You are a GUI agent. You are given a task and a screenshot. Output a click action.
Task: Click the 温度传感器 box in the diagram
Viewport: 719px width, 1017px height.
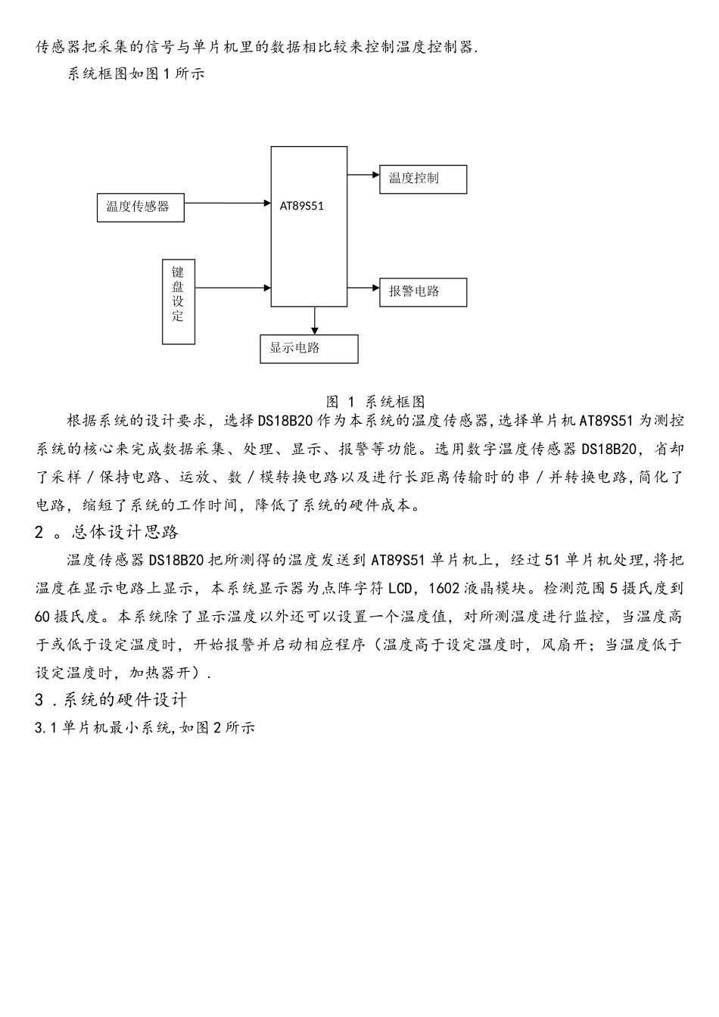click(x=140, y=207)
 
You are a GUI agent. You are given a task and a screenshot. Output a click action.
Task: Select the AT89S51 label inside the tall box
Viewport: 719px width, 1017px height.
click(x=301, y=206)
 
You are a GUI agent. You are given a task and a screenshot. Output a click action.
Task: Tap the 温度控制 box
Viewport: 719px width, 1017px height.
click(x=423, y=179)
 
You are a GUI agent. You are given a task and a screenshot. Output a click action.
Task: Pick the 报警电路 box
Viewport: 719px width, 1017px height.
click(x=423, y=292)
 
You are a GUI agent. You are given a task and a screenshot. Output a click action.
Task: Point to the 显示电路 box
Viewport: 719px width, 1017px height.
click(x=309, y=349)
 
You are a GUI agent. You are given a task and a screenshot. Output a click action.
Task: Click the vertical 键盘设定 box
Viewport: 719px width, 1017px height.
click(x=179, y=302)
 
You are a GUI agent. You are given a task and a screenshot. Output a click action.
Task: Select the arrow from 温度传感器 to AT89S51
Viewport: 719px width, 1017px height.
click(x=228, y=203)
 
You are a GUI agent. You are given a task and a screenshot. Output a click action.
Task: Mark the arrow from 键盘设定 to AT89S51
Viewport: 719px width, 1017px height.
click(x=233, y=288)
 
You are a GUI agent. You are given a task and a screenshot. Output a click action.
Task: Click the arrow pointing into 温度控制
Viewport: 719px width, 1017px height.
click(x=363, y=175)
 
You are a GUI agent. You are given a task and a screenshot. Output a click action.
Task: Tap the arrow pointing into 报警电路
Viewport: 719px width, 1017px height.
click(x=363, y=288)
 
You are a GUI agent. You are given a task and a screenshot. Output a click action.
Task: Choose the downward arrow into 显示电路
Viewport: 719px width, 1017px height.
click(x=314, y=321)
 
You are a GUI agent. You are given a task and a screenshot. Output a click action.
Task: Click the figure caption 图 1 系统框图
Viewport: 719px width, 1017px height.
click(x=375, y=401)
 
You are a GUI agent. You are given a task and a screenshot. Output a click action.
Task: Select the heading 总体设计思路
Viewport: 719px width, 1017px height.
click(x=125, y=533)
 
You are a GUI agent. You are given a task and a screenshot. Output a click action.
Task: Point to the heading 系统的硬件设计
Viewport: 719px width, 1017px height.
click(x=125, y=700)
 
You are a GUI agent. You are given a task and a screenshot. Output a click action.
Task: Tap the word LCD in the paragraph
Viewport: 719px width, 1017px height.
click(x=400, y=589)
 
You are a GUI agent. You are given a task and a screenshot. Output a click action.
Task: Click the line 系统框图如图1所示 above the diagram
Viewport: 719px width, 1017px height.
click(x=135, y=73)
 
